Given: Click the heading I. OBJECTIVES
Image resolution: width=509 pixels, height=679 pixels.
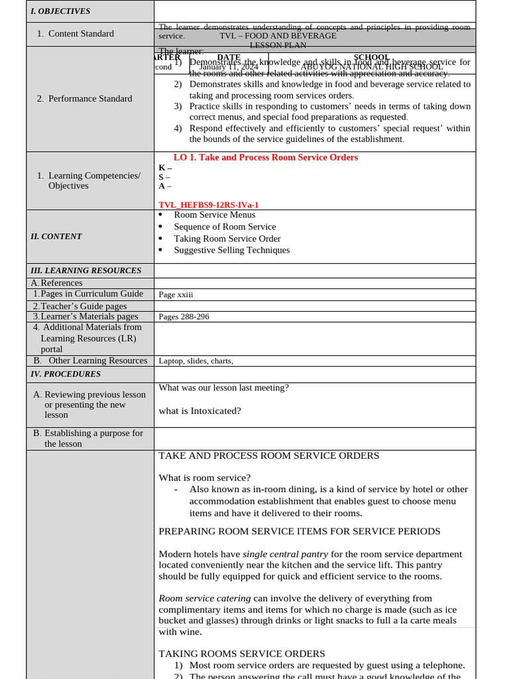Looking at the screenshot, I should pyautogui.click(x=60, y=11).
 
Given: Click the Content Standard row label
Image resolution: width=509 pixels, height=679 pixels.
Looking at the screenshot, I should pyautogui.click(x=80, y=34).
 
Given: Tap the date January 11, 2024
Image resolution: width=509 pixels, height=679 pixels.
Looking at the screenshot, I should pyautogui.click(x=229, y=67).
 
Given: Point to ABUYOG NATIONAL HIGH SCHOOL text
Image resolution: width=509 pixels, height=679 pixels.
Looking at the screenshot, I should pyautogui.click(x=372, y=67).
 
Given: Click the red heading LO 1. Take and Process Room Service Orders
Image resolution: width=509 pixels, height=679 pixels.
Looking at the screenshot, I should pyautogui.click(x=265, y=157).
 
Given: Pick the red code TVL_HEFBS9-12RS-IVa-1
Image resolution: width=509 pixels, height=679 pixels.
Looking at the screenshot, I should pyautogui.click(x=208, y=206).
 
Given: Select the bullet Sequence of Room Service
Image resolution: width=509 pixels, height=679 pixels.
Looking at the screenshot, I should pyautogui.click(x=225, y=227).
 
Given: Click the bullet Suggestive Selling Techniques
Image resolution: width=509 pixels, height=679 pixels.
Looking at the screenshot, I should pyautogui.click(x=231, y=250).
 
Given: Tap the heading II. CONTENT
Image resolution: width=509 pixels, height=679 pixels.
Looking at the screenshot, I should pyautogui.click(x=56, y=237).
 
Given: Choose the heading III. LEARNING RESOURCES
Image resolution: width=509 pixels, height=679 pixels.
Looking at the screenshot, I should pyautogui.click(x=86, y=271).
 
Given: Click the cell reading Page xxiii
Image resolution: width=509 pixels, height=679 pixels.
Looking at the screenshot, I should pyautogui.click(x=176, y=294).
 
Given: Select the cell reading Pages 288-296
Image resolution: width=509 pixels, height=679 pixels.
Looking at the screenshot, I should pyautogui.click(x=184, y=317).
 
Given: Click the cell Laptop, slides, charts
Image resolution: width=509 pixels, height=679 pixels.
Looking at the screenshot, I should pyautogui.click(x=196, y=361).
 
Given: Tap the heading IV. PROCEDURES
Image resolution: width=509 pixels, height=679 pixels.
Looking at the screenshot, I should pyautogui.click(x=66, y=374).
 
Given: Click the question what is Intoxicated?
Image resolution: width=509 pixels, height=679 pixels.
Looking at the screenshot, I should pyautogui.click(x=199, y=411).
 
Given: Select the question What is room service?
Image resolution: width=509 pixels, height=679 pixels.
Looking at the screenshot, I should pyautogui.click(x=204, y=477).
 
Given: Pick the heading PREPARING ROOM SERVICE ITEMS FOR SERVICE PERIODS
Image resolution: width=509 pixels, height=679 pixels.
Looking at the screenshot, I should pyautogui.click(x=299, y=531).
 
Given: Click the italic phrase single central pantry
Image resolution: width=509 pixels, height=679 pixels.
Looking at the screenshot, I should pyautogui.click(x=285, y=554).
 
